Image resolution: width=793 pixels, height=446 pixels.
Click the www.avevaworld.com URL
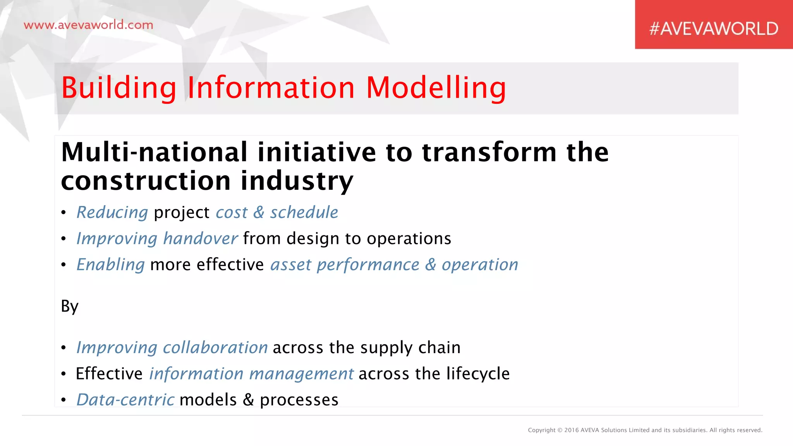[88, 25]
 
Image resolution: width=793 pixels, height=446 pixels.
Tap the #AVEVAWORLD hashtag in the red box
[713, 29]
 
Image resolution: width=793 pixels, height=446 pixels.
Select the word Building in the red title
[119, 88]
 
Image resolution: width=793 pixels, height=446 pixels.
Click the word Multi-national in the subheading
[154, 152]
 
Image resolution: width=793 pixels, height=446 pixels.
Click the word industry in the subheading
[297, 181]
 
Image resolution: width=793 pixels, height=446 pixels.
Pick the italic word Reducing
[112, 213]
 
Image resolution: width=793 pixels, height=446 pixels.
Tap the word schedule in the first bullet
[304, 213]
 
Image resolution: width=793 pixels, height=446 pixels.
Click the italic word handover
[200, 238]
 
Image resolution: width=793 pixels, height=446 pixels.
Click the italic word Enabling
[111, 265]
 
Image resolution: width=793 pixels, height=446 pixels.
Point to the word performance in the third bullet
[368, 265]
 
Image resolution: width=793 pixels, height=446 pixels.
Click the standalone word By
[70, 306]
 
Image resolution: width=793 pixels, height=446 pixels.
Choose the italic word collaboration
[215, 348]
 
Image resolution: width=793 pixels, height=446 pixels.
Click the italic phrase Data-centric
[125, 400]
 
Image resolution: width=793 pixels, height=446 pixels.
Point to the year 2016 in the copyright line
[572, 430]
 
